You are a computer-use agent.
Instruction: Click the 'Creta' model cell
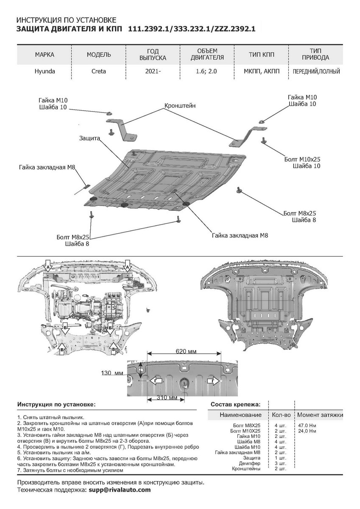(x=99, y=71)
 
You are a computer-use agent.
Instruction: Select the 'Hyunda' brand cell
(x=45, y=71)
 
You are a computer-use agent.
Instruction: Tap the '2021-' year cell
(x=153, y=71)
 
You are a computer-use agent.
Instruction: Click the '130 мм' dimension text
(x=112, y=373)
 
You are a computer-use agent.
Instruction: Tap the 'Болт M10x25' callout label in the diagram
(x=302, y=159)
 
